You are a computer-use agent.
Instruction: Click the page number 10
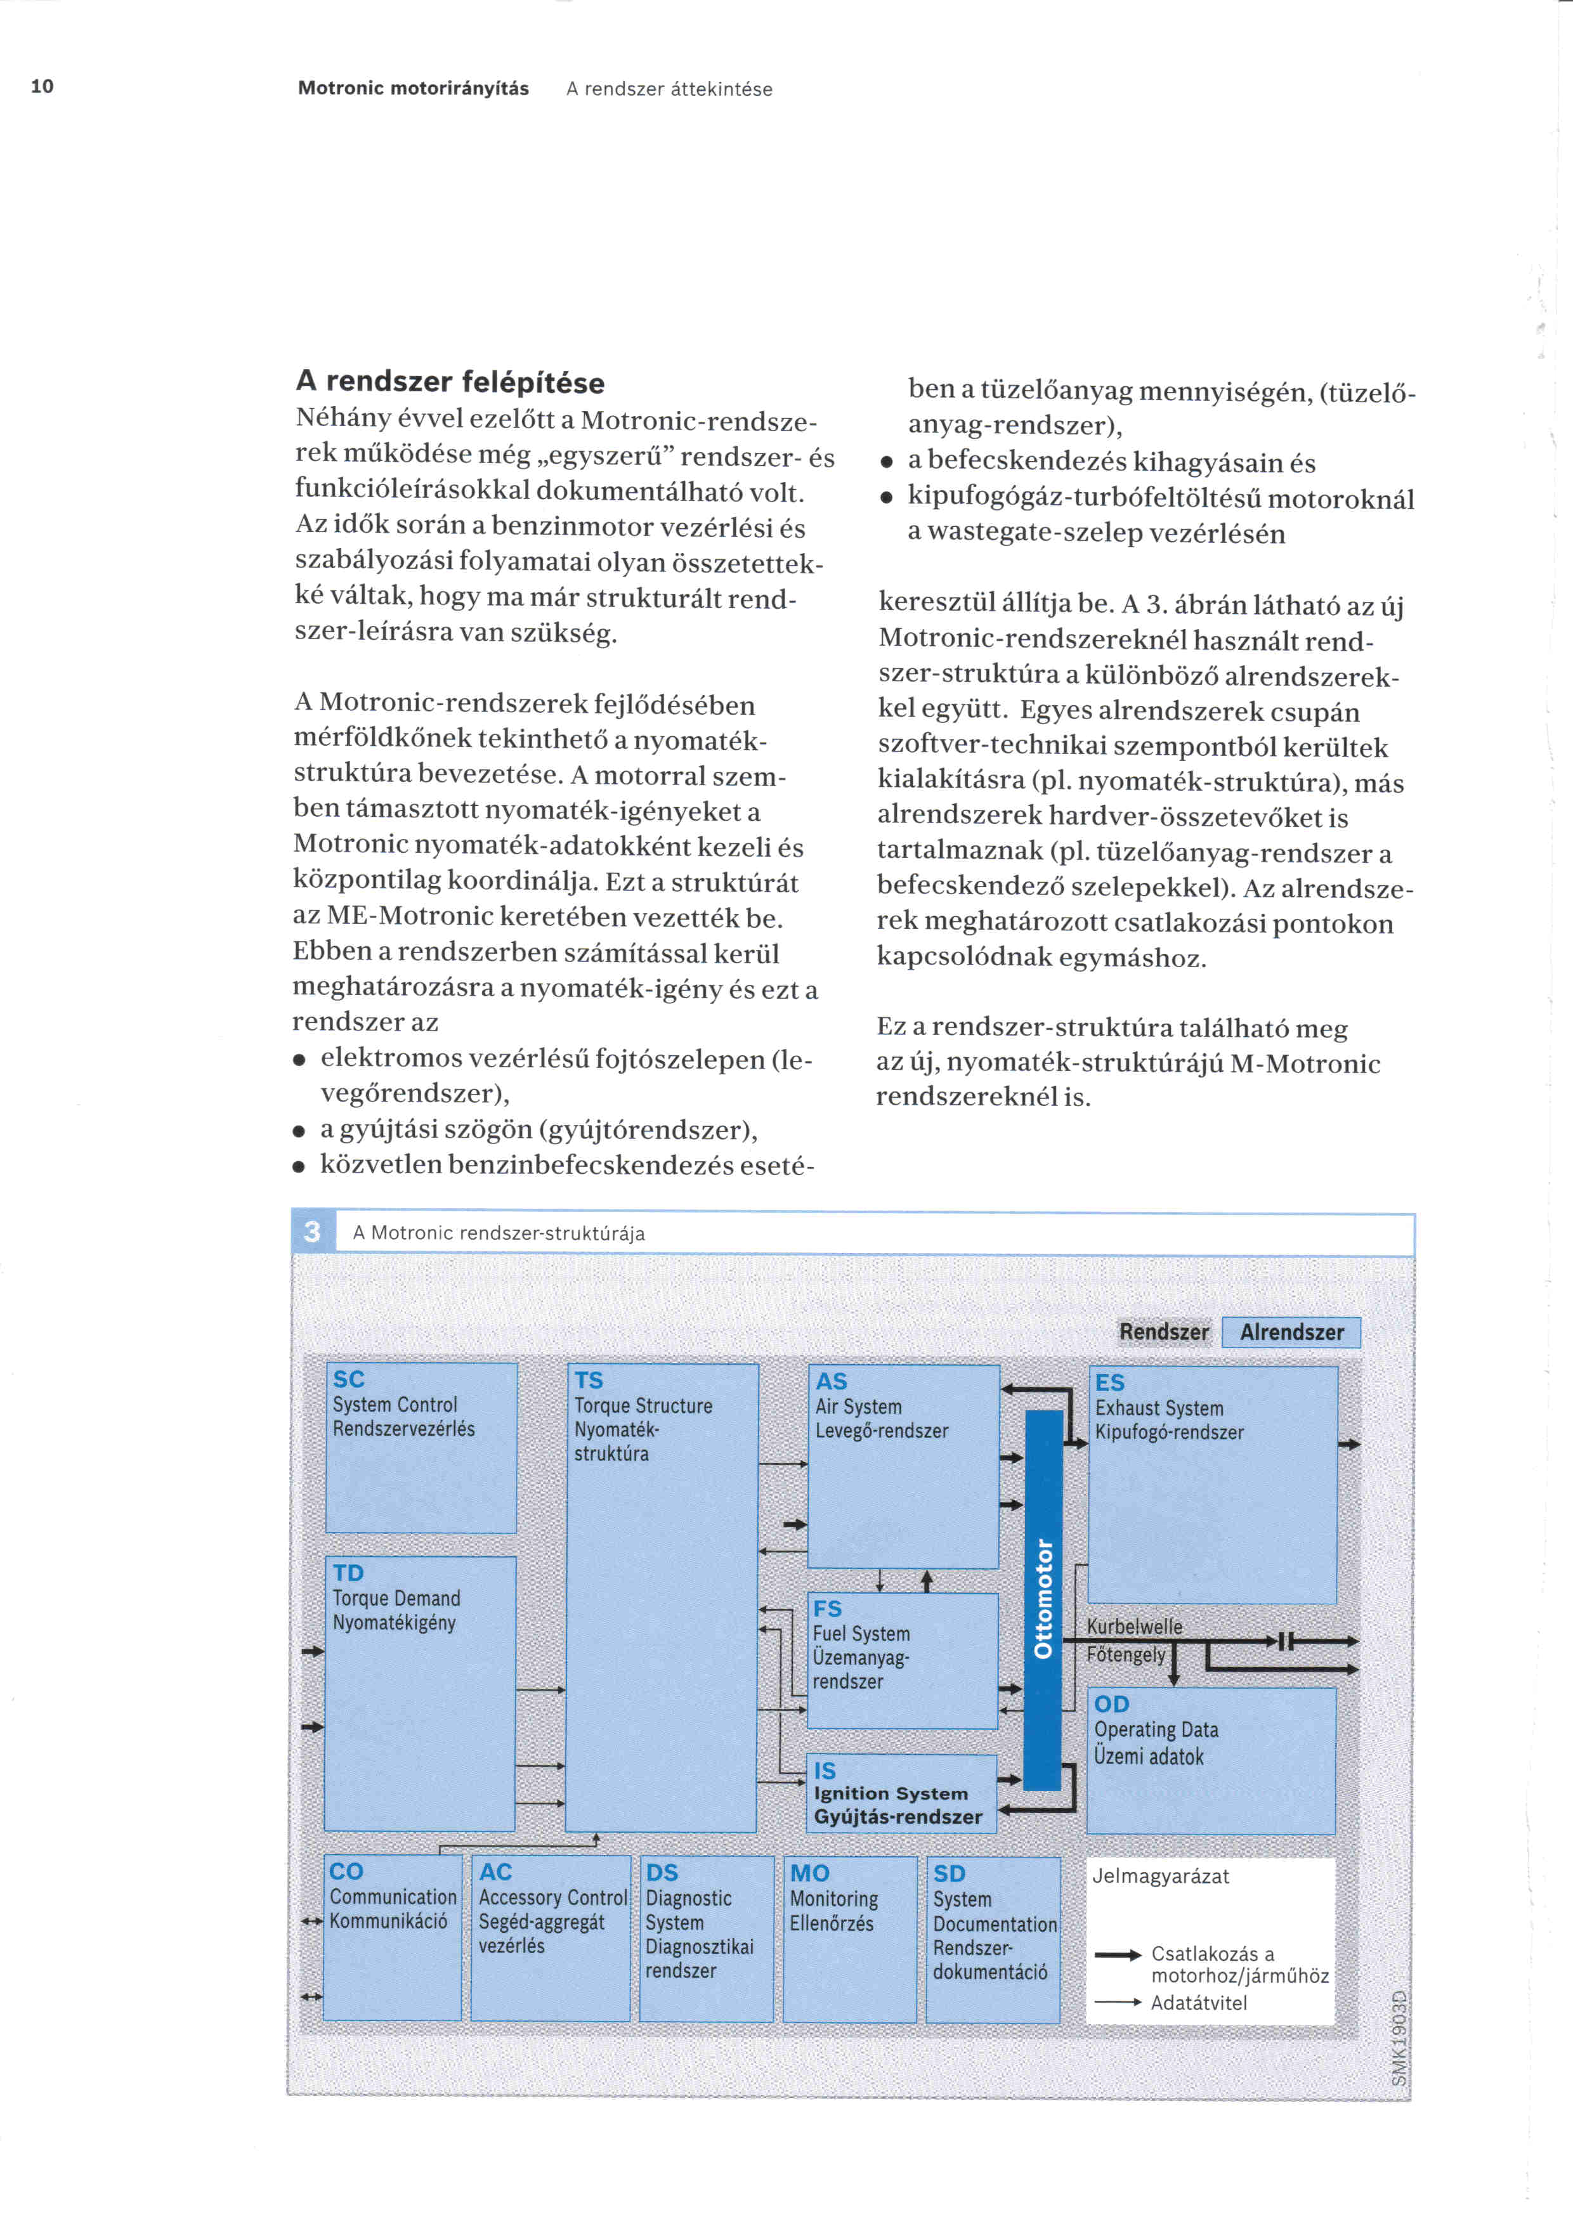tap(42, 86)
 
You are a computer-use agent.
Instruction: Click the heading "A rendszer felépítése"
tap(450, 382)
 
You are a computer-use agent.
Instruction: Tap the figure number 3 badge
tap(312, 1232)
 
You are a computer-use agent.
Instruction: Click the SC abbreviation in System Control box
tap(349, 1379)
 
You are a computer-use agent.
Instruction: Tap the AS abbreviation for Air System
tap(831, 1381)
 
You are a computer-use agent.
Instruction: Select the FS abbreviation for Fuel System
tap(827, 1609)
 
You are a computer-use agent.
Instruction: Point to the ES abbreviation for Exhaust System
tap(1110, 1382)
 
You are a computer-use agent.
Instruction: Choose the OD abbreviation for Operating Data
tap(1112, 1704)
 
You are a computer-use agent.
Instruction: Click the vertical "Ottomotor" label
tap(1043, 1598)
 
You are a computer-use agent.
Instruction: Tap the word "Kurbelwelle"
tap(1134, 1627)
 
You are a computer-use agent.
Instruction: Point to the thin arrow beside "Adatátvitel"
tap(1118, 2002)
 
